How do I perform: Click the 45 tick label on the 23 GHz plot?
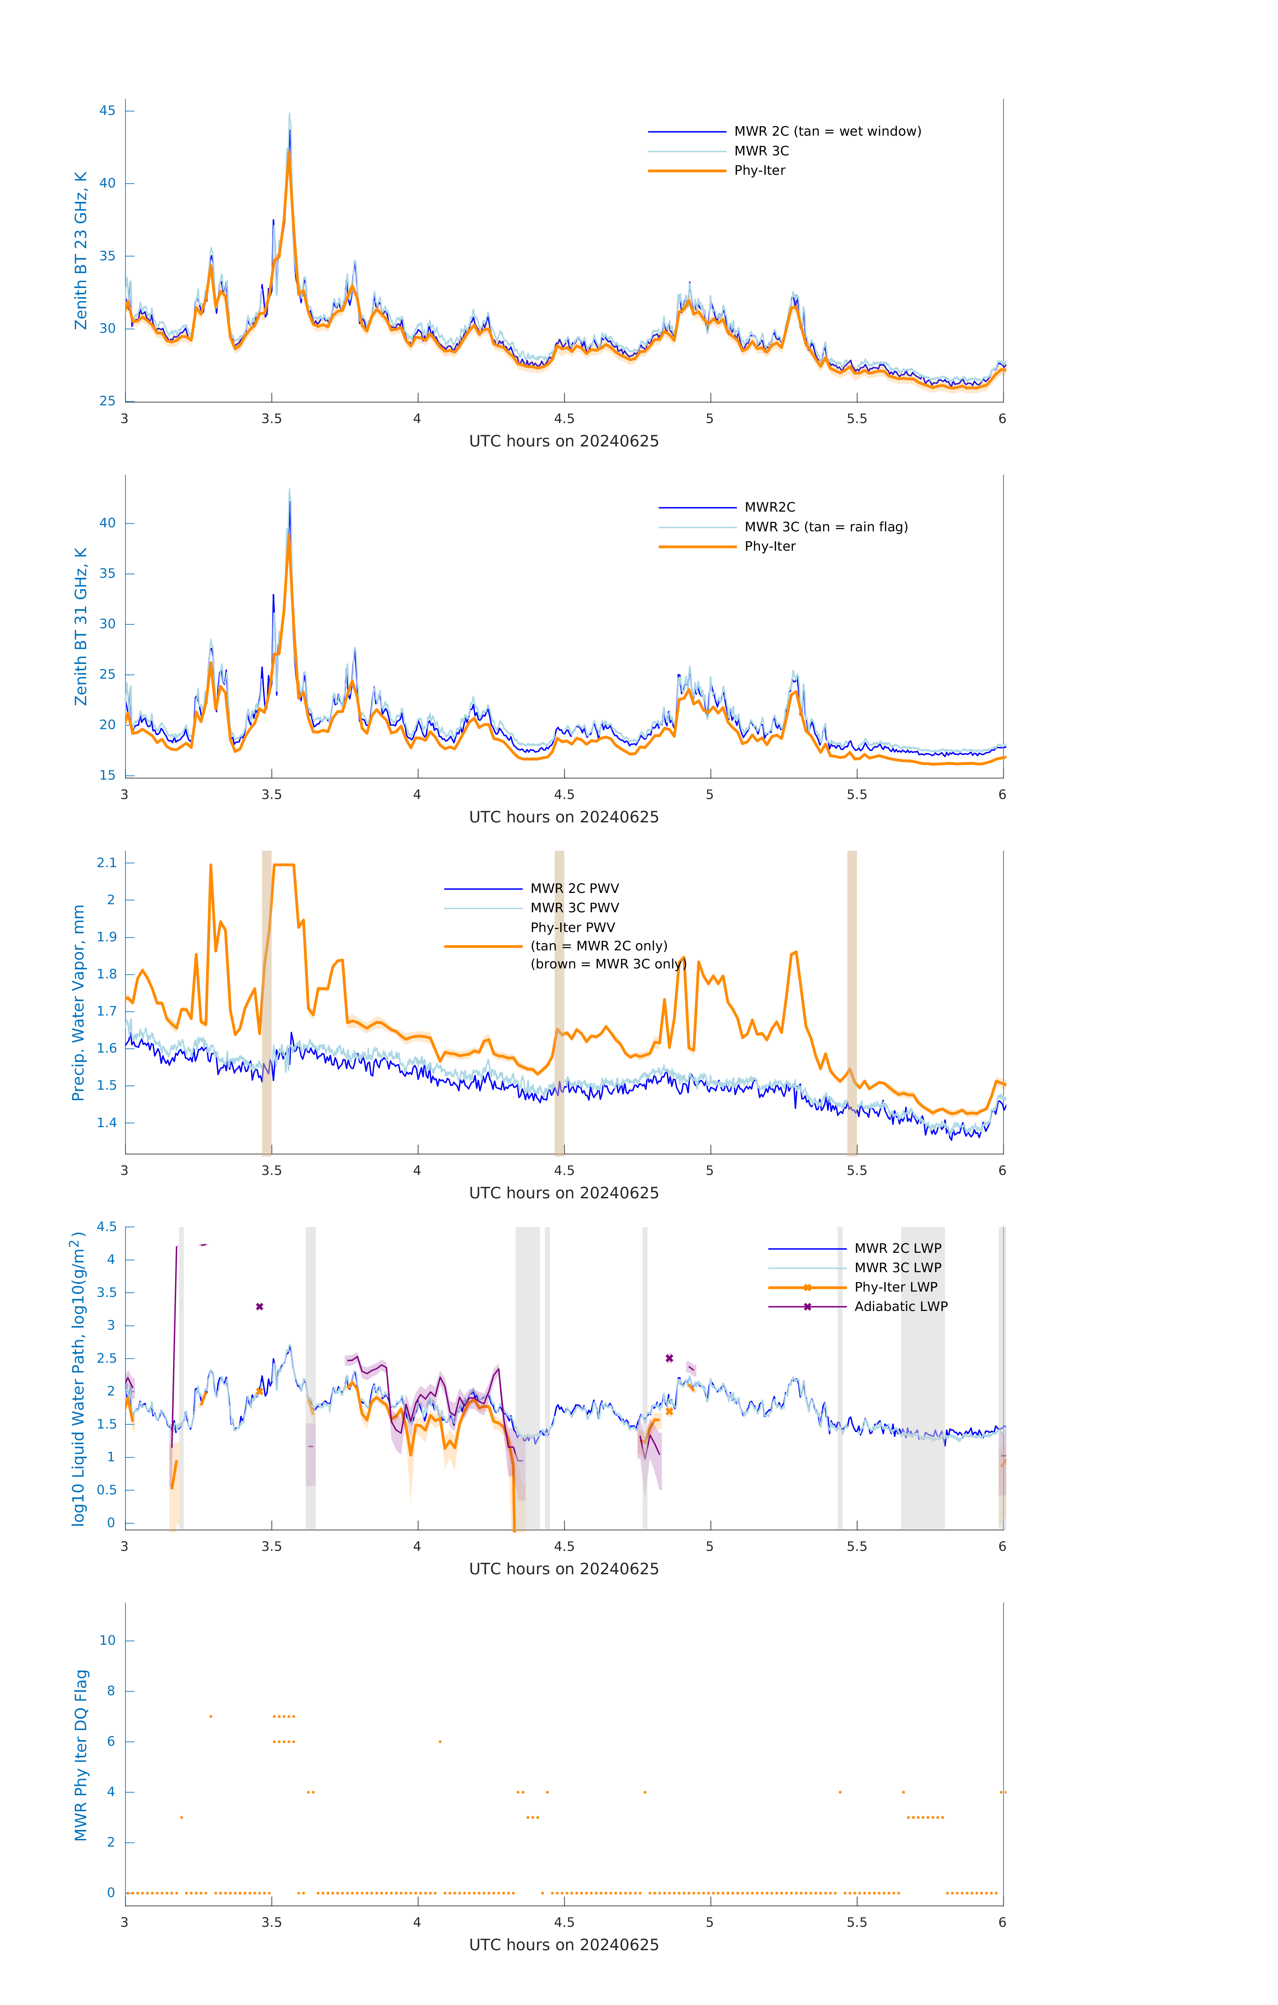point(107,111)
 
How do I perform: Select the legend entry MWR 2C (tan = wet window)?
point(827,132)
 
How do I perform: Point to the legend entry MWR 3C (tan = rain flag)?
point(825,527)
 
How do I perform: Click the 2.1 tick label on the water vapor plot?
point(107,862)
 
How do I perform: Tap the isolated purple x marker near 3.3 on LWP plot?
point(260,1306)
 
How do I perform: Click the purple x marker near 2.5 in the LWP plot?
point(669,1358)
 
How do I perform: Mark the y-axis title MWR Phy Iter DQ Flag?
point(81,1754)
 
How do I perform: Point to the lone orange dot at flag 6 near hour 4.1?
point(440,1741)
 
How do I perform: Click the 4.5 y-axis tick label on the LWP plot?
point(107,1226)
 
